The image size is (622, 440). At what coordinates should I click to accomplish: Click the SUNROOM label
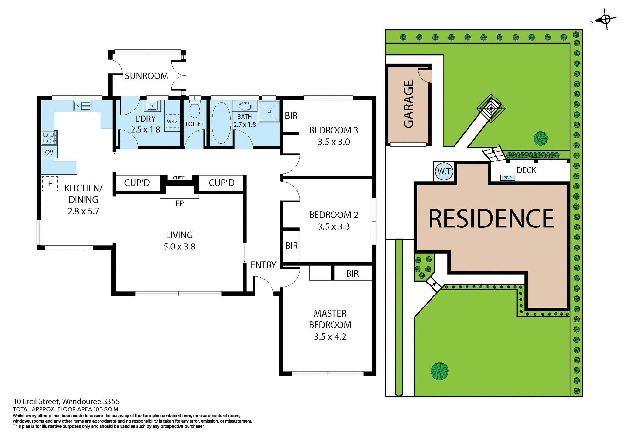[x=146, y=76]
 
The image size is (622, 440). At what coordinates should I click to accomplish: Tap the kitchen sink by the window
[x=82, y=106]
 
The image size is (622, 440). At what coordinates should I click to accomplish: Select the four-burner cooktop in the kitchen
[x=49, y=138]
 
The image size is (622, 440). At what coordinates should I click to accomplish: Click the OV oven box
[x=49, y=152]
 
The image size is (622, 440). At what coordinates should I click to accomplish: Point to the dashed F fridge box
[x=50, y=184]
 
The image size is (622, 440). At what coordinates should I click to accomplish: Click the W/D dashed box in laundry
[x=172, y=122]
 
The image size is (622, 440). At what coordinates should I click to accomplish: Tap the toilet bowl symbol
[x=194, y=110]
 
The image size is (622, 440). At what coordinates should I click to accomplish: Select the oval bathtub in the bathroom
[x=221, y=123]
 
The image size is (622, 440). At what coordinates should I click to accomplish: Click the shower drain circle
[x=269, y=111]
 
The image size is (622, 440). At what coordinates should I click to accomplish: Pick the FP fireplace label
[x=179, y=203]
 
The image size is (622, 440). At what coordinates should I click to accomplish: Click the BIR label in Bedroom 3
[x=291, y=116]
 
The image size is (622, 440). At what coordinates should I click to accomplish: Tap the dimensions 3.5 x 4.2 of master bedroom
[x=330, y=337]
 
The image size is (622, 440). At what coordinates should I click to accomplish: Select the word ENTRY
[x=263, y=265]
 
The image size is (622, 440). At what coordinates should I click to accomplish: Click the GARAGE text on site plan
[x=409, y=104]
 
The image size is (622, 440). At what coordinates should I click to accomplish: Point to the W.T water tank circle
[x=444, y=171]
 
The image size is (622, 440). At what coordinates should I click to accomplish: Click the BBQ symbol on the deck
[x=507, y=178]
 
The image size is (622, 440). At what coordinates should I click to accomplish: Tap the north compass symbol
[x=605, y=20]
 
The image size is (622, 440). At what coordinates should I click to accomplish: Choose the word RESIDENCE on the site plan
[x=491, y=219]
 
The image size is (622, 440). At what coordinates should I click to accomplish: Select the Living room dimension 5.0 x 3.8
[x=179, y=247]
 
